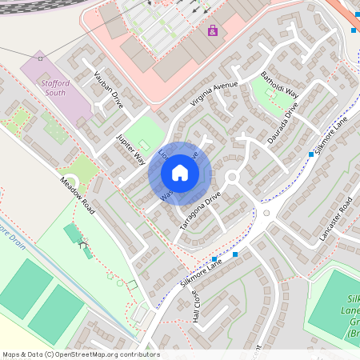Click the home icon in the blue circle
(180, 173)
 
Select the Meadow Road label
(78, 195)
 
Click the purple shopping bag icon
(212, 31)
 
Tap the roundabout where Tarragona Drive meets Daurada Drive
(233, 177)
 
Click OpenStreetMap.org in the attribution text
(94, 354)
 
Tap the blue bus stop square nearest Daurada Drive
(311, 154)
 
